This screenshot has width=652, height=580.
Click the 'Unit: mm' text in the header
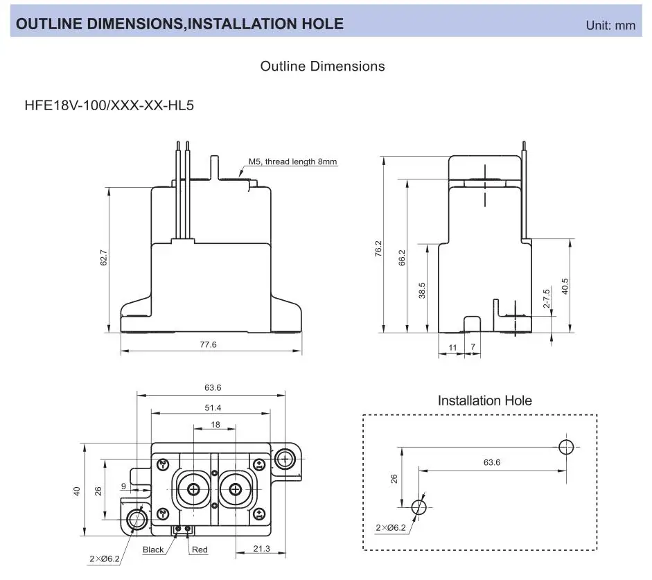point(610,25)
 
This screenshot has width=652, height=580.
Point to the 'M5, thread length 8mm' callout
point(293,161)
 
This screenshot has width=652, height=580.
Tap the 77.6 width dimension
point(208,344)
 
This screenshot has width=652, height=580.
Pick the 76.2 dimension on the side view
point(378,249)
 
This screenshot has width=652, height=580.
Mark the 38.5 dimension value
point(422,290)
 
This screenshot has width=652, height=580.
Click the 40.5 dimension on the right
point(565,286)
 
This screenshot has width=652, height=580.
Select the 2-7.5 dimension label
point(546,298)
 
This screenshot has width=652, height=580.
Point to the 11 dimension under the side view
point(452,346)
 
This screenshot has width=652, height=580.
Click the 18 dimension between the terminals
point(216,424)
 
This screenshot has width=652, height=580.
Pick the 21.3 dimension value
point(261,548)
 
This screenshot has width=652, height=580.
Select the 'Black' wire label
point(153,550)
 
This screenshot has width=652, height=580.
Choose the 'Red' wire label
point(200,550)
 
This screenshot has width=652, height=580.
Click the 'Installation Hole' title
point(484,401)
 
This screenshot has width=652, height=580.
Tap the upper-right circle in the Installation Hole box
point(566,446)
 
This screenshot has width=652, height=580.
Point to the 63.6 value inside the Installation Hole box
point(491,462)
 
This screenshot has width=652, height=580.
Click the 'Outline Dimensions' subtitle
point(322,67)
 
